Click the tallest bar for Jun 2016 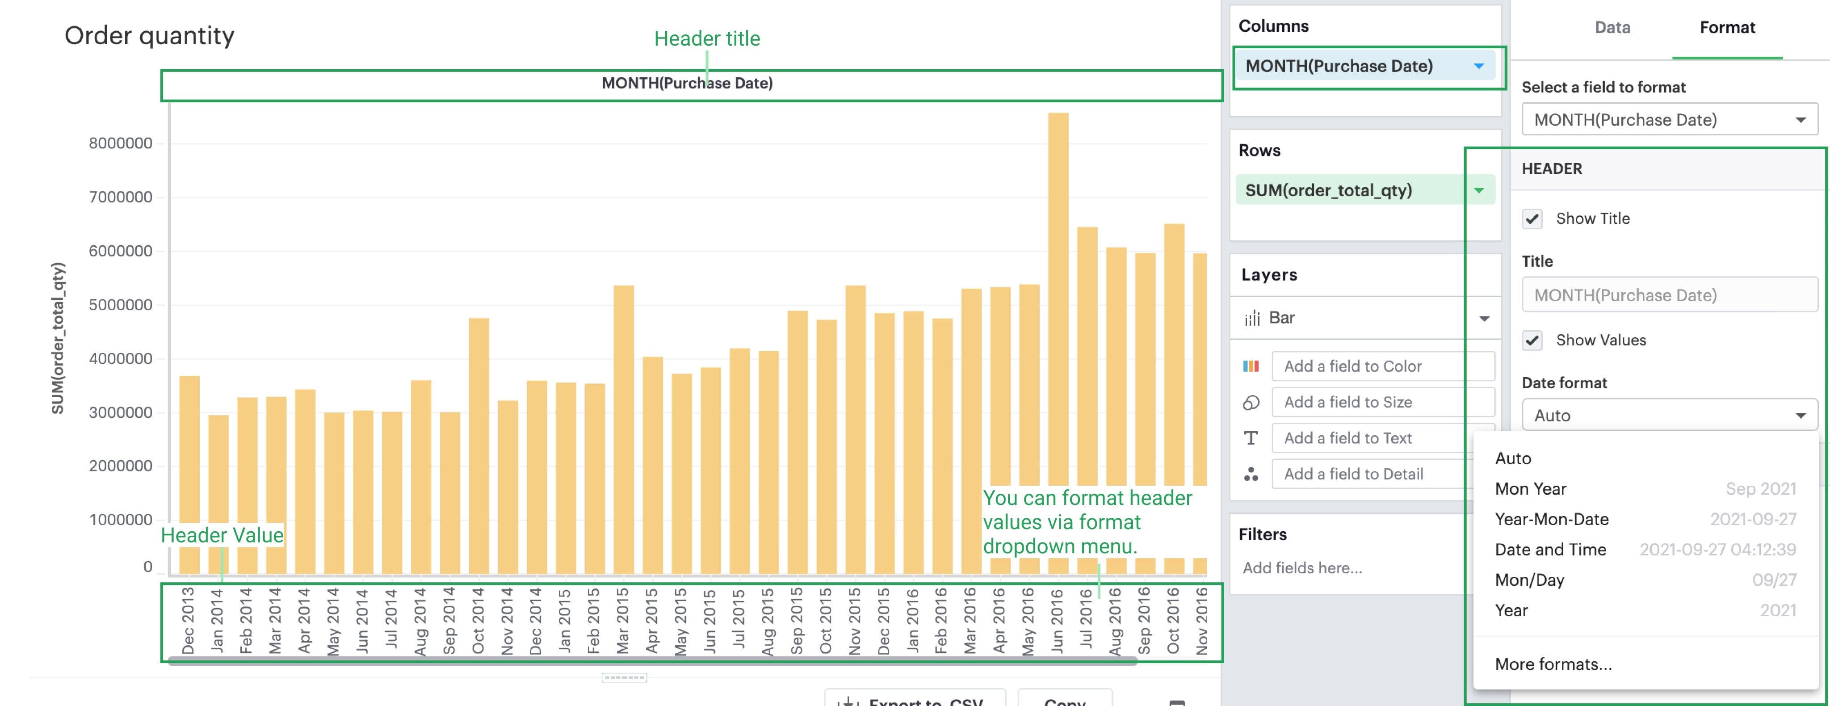(x=1058, y=298)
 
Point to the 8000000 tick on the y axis (x=120, y=143)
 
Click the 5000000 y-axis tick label (x=120, y=305)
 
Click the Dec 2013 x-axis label (x=188, y=620)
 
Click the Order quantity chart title (x=149, y=35)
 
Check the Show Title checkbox (x=1532, y=219)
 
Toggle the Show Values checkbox (x=1532, y=340)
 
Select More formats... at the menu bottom (x=1553, y=664)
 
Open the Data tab (x=1612, y=28)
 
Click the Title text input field (x=1669, y=295)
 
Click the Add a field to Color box (x=1382, y=366)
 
